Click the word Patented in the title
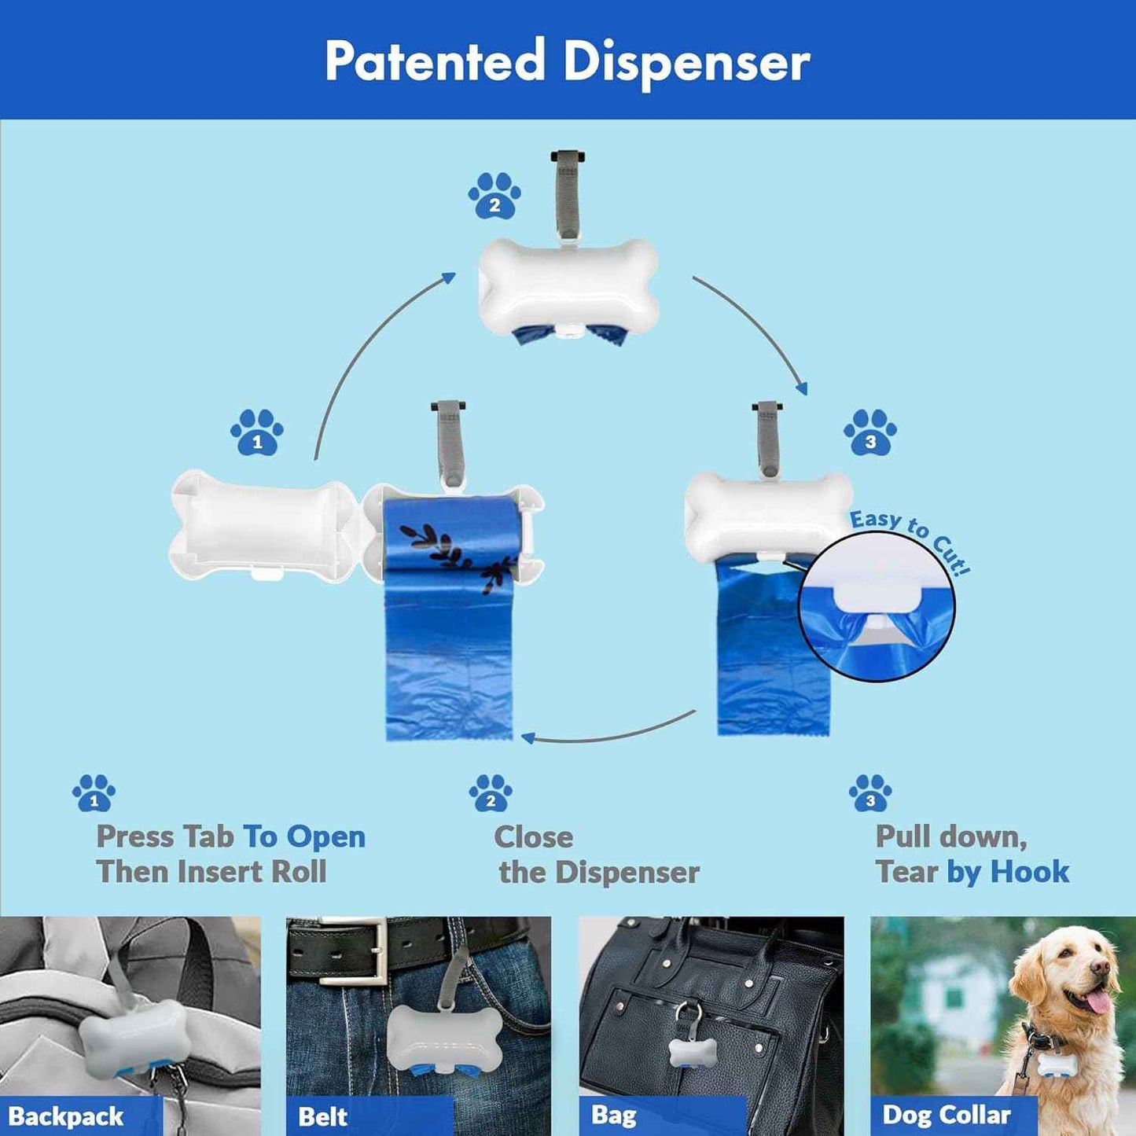(x=435, y=61)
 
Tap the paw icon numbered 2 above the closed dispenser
(x=494, y=197)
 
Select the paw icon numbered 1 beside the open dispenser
(x=257, y=432)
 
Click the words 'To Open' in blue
(x=304, y=837)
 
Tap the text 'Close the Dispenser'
(x=596, y=855)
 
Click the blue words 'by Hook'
(x=1008, y=872)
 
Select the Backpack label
(x=67, y=1116)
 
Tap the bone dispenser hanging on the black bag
(x=693, y=1051)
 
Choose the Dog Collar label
(x=947, y=1115)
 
